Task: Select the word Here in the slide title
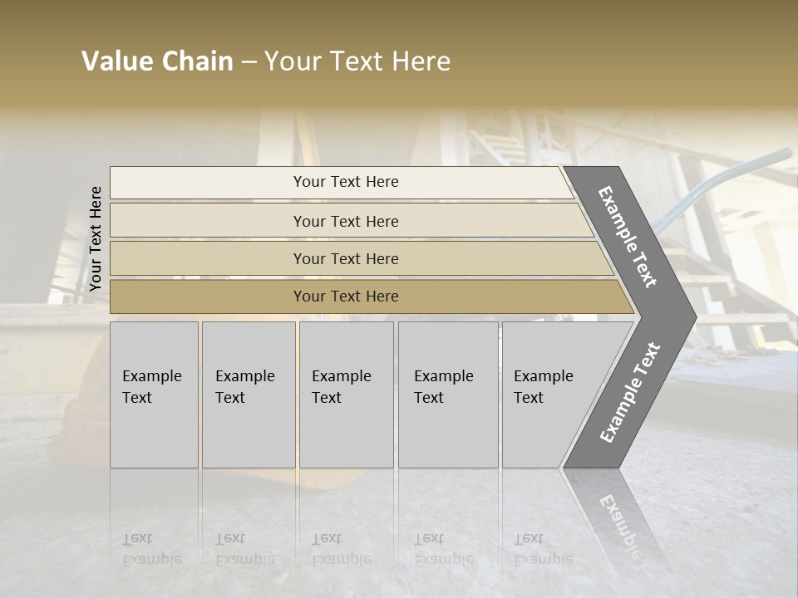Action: tap(419, 61)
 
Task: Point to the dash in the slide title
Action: tap(249, 62)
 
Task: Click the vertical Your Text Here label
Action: tap(96, 239)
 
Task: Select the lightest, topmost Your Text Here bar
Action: tap(345, 182)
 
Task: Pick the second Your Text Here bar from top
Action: tap(345, 221)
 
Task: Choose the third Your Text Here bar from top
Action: tap(345, 258)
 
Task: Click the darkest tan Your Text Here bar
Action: tap(345, 297)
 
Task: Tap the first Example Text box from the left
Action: tap(154, 395)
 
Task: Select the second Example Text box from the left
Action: tap(248, 395)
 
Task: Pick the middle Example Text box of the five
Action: tap(346, 395)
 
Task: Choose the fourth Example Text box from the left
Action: tap(447, 395)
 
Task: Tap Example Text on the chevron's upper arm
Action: tap(628, 237)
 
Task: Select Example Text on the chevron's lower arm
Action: tap(629, 393)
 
